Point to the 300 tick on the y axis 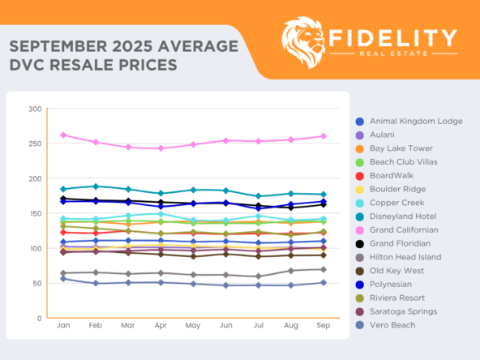35,109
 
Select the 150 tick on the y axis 35,213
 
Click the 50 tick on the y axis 36,283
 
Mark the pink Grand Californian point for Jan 63,135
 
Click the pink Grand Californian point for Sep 324,136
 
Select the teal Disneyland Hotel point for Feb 96,186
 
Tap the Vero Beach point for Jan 63,278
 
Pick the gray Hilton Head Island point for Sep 324,269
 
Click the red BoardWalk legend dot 360,175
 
